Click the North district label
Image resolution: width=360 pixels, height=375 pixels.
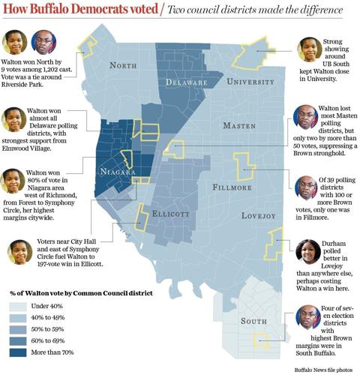123,66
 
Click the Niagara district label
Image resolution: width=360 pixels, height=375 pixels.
117,172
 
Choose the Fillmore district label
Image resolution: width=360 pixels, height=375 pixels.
232,187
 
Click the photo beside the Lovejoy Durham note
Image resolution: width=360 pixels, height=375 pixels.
309,254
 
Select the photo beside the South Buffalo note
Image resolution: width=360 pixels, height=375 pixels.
309,318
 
